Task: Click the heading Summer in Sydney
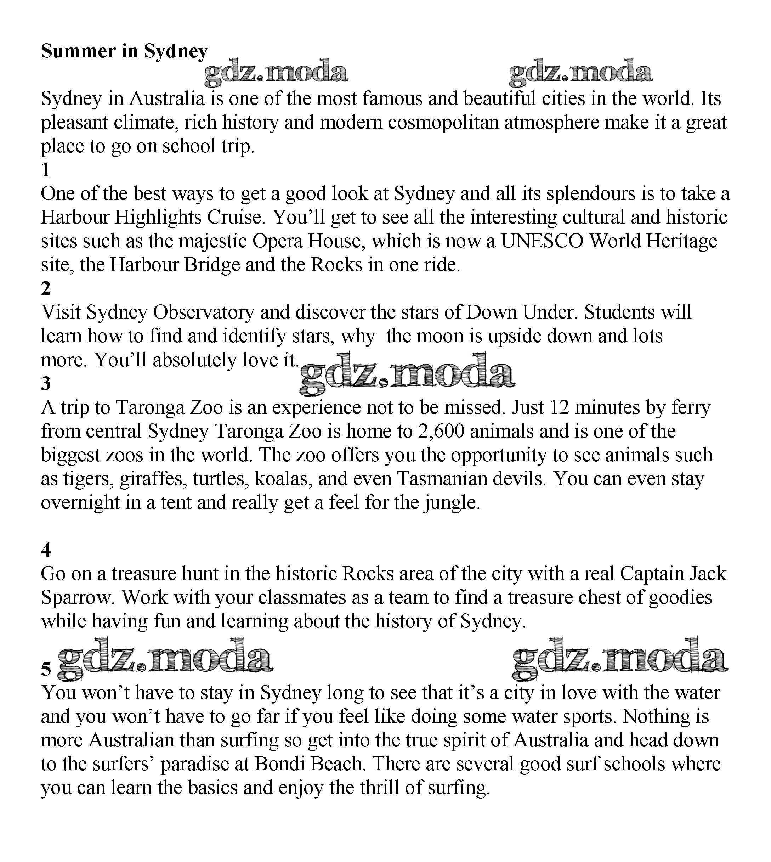124,51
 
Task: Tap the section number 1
46,170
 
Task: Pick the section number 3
46,384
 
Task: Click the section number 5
46,668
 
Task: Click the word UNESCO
542,241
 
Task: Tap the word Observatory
203,312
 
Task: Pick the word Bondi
279,764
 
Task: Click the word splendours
590,194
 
